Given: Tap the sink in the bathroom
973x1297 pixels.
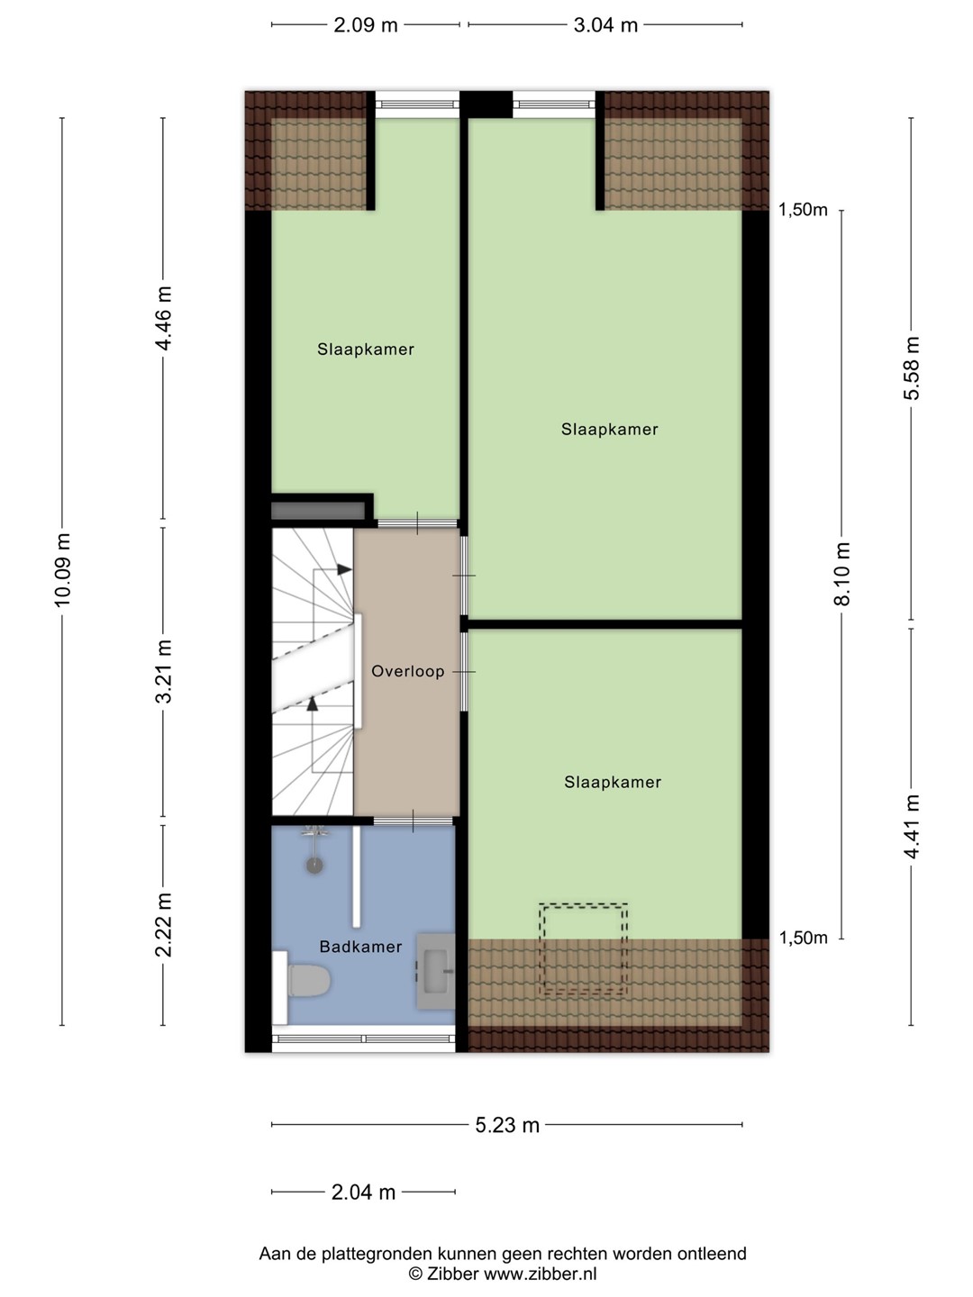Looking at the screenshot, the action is coord(436,971).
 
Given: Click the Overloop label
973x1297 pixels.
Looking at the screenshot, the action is coord(407,671).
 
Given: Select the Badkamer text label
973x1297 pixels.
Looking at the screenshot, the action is coord(360,947).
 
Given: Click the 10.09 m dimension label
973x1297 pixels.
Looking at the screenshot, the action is coord(62,569).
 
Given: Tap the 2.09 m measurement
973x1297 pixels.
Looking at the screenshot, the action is coord(366,25).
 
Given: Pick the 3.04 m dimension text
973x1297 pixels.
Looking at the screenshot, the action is coord(605,25).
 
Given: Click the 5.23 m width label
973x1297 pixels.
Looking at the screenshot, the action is coord(507,1125).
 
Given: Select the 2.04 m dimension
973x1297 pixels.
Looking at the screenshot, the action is coord(363,1192).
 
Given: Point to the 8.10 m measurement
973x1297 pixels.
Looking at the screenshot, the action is coord(841,573).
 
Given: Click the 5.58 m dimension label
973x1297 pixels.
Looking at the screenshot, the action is coord(912,368).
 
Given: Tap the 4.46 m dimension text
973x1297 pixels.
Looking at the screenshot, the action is coord(164,318).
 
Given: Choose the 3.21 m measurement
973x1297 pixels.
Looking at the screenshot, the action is coord(164,671).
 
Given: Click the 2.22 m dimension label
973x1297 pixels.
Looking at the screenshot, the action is coord(164,925).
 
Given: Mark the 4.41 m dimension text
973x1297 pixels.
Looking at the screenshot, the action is coord(912,827).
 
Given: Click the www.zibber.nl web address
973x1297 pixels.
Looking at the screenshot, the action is coord(540,1274).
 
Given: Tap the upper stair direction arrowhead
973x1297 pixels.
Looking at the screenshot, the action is coord(345,569).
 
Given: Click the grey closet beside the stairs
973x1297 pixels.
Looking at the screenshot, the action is coord(318,511).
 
